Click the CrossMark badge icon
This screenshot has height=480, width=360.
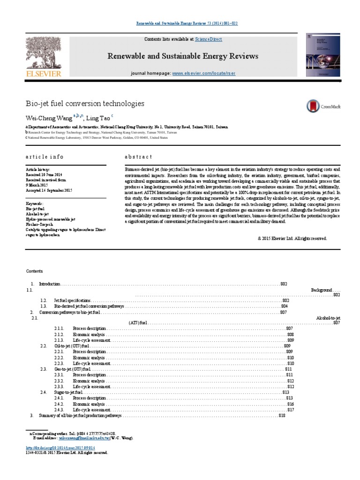point(323,106)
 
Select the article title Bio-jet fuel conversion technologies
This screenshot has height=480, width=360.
point(84,103)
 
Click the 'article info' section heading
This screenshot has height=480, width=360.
point(45,157)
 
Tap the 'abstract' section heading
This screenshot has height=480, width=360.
point(138,157)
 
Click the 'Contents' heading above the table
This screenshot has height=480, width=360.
point(34,271)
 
